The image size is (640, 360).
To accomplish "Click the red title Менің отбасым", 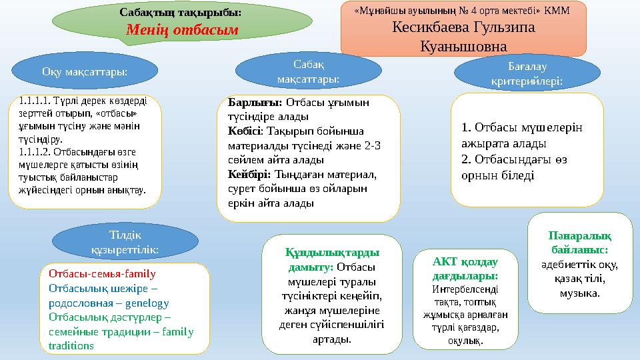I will coord(181,30).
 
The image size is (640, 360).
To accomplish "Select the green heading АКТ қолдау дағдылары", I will coord(465,269).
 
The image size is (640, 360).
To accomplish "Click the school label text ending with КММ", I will coord(463,11).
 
